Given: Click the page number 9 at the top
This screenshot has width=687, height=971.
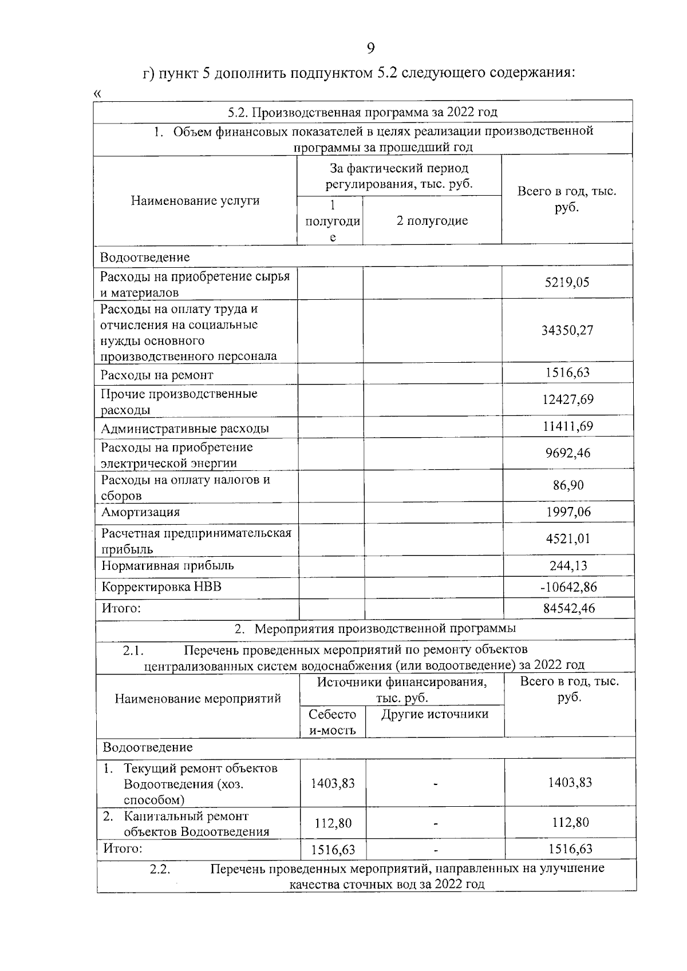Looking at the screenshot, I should (370, 49).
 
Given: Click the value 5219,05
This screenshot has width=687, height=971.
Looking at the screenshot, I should (567, 282).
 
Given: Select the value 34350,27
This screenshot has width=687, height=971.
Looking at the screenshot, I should (567, 330).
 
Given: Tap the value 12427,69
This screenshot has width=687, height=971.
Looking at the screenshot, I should (568, 399).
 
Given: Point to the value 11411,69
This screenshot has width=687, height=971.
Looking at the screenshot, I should (568, 426).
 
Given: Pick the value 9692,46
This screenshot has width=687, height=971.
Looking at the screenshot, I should (568, 453).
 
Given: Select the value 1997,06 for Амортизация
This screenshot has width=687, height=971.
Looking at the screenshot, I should (568, 512).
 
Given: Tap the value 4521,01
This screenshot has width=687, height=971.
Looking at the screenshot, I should (568, 538).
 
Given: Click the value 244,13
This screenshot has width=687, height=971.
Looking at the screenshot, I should (568, 565).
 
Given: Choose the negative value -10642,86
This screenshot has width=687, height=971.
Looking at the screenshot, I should (568, 586).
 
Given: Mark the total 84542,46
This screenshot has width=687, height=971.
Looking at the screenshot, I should (568, 608).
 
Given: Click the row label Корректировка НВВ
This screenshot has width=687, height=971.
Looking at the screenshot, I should (161, 586).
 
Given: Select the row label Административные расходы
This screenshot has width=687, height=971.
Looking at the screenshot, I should (185, 429).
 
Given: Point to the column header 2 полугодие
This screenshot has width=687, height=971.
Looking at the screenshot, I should (432, 221).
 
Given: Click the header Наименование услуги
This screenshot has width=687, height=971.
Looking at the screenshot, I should (195, 200).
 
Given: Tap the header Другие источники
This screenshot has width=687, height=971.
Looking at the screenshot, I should (435, 714).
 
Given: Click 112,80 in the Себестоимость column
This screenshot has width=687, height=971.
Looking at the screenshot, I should (333, 823).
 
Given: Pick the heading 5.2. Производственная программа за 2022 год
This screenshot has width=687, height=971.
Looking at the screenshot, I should (362, 112).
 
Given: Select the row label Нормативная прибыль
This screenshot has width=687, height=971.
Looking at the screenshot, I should (168, 565).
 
